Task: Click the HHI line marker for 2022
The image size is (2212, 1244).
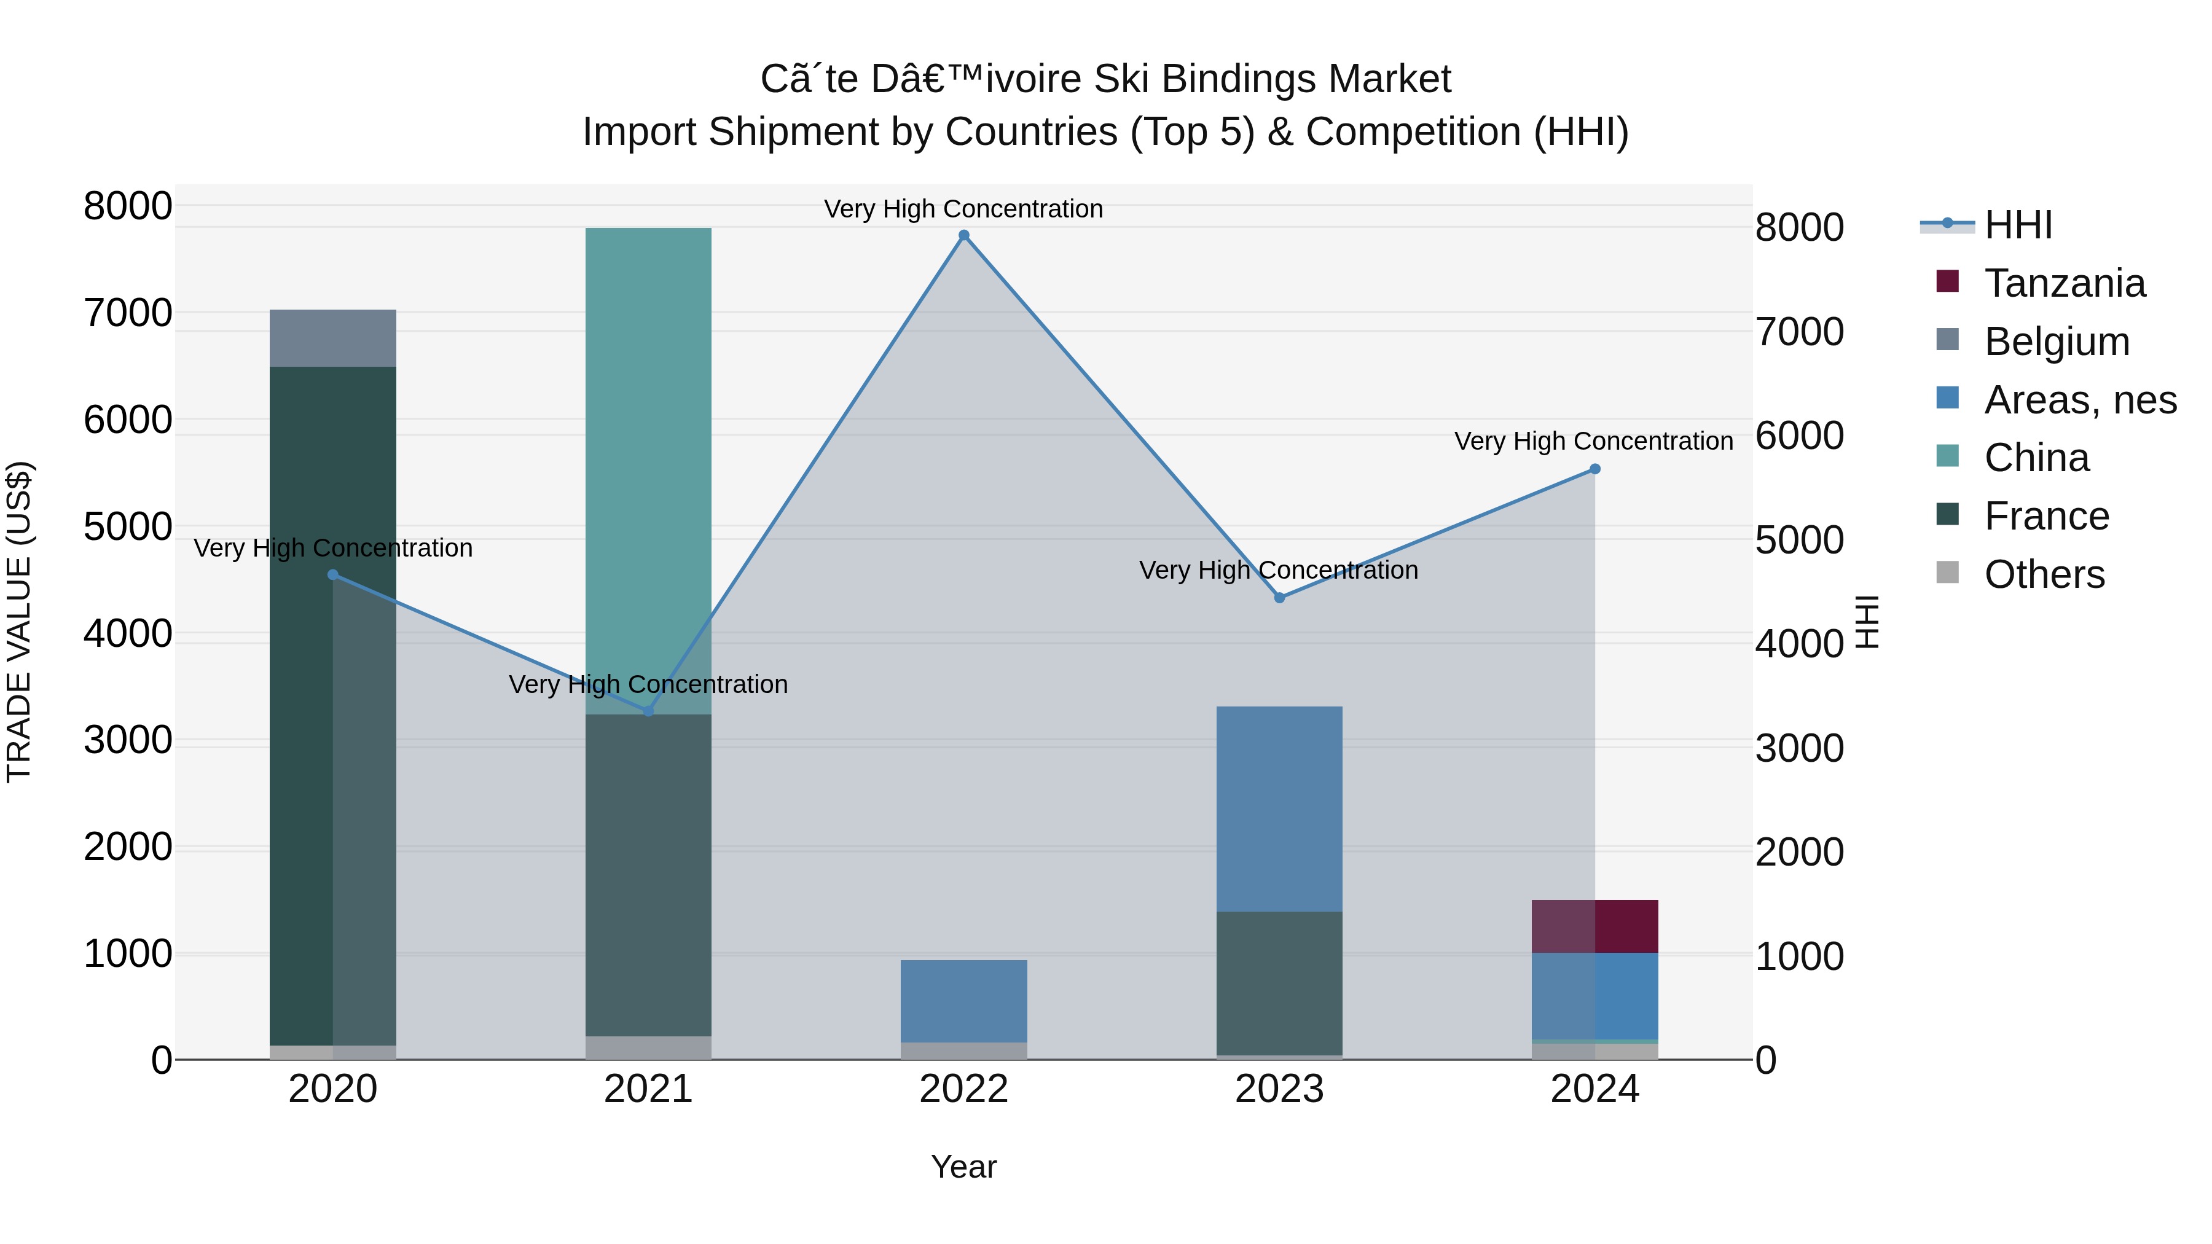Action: [x=963, y=235]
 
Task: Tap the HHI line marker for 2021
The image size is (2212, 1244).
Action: [x=648, y=711]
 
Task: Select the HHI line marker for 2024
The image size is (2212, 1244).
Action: [x=1594, y=469]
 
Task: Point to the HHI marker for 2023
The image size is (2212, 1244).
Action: [x=1279, y=598]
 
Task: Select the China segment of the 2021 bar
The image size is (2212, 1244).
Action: [x=648, y=471]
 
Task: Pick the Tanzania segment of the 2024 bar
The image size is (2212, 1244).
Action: [x=1594, y=926]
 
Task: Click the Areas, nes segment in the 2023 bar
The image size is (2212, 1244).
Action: [x=1279, y=808]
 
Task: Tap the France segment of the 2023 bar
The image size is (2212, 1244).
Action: [x=1279, y=982]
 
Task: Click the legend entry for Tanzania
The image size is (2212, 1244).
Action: [x=2065, y=283]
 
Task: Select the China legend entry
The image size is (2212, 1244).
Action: [x=2036, y=458]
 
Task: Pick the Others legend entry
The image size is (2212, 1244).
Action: [x=2044, y=574]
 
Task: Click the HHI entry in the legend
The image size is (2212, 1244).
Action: [x=2018, y=225]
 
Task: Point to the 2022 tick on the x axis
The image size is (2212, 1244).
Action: [x=963, y=1089]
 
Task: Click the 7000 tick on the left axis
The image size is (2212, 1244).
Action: [x=127, y=313]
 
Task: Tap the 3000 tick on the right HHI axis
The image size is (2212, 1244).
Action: [x=1799, y=749]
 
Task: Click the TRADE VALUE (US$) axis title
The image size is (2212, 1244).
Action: [x=19, y=622]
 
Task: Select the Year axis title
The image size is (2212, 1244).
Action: [x=963, y=1167]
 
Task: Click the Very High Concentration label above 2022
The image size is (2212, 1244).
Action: [x=963, y=209]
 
